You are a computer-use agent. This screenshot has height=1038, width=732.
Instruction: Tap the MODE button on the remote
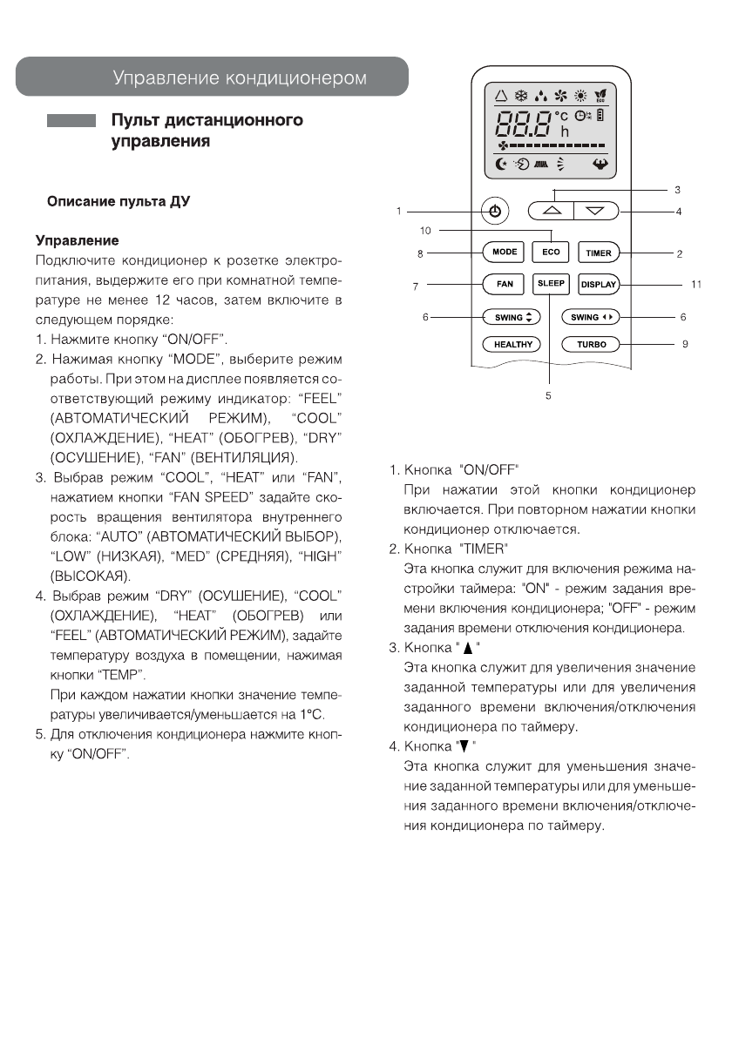(x=505, y=253)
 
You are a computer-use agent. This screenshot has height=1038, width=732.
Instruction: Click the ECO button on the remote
(x=552, y=253)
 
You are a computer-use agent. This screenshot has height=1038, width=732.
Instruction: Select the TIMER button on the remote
(x=599, y=253)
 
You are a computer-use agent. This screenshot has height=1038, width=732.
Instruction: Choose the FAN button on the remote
(x=505, y=284)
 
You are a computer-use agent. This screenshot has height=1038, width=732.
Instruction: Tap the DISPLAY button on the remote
(x=599, y=284)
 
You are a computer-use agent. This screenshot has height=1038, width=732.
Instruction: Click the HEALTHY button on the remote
(x=512, y=344)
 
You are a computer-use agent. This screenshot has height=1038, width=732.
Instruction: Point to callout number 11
(x=696, y=284)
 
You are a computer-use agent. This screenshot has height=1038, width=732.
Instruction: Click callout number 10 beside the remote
(x=426, y=231)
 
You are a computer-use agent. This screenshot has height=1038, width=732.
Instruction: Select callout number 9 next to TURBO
(x=685, y=344)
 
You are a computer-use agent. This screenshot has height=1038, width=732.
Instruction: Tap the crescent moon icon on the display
(x=499, y=163)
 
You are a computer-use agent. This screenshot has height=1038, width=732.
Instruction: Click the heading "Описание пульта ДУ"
(x=119, y=201)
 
